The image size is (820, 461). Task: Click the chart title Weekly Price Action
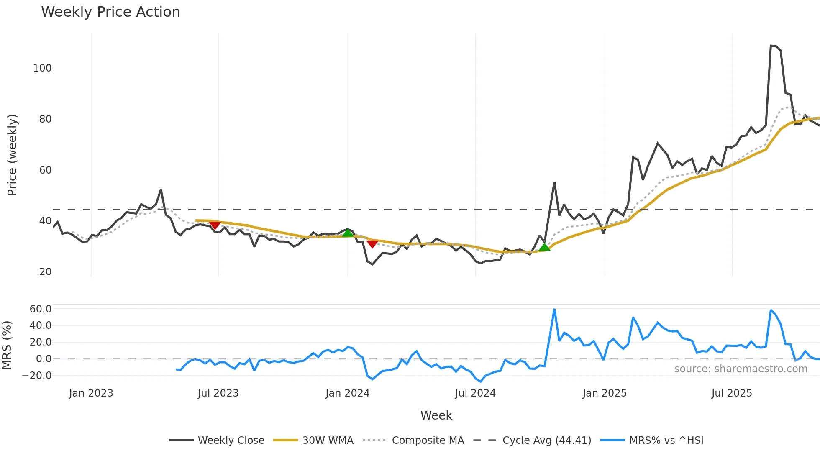[110, 12]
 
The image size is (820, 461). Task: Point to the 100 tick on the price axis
[42, 68]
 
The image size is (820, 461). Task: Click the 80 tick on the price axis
[45, 119]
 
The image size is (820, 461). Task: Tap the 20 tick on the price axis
[45, 272]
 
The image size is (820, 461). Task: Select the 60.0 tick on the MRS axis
[41, 309]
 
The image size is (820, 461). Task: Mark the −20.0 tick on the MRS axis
[37, 376]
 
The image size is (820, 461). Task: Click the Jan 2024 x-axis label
[347, 393]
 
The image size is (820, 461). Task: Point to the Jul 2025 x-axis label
[732, 393]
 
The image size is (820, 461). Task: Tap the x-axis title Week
[436, 415]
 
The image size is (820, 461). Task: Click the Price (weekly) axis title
[12, 155]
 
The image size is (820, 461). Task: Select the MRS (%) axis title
[7, 345]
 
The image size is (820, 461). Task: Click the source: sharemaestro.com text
[741, 369]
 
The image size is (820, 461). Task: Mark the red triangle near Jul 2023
[215, 225]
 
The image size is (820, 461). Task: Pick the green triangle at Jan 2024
[348, 233]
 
